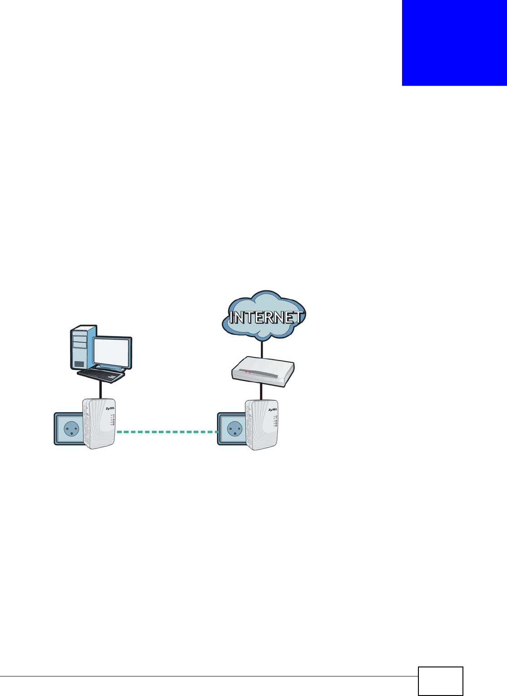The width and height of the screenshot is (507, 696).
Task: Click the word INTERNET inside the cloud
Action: pyautogui.click(x=266, y=316)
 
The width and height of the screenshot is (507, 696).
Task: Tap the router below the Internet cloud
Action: pyautogui.click(x=263, y=371)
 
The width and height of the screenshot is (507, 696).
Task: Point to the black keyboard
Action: pyautogui.click(x=101, y=375)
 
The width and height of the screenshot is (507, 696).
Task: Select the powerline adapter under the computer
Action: pyautogui.click(x=99, y=424)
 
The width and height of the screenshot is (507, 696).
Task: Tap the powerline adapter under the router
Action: pyautogui.click(x=262, y=425)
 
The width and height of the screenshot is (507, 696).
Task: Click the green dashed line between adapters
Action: pyautogui.click(x=167, y=432)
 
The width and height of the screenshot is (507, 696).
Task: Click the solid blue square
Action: pyautogui.click(x=454, y=43)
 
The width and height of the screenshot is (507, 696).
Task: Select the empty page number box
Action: pyautogui.click(x=440, y=681)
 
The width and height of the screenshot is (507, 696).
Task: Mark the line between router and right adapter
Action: pyautogui.click(x=262, y=391)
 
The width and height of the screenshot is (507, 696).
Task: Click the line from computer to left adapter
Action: pyautogui.click(x=100, y=389)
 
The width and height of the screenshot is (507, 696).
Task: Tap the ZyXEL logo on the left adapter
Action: pyautogui.click(x=110, y=408)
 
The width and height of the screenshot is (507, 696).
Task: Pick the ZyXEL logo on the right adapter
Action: pyautogui.click(x=273, y=410)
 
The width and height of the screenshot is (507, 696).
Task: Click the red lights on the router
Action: pyautogui.click(x=248, y=372)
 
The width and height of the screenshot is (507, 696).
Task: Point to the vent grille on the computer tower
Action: pyautogui.click(x=79, y=364)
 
